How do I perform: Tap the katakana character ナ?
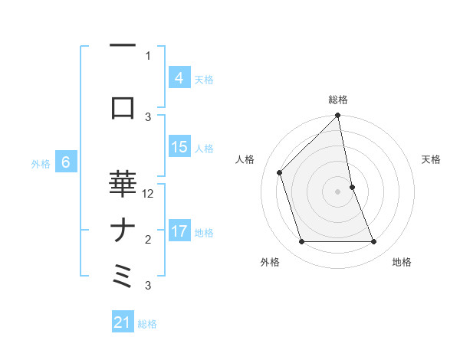tap(123, 231)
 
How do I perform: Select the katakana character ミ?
tap(123, 275)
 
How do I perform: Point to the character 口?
tap(123, 108)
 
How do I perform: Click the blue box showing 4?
tap(179, 78)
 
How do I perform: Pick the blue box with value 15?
tap(179, 147)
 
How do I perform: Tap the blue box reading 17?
tap(179, 231)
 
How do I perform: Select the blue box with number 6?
tap(66, 162)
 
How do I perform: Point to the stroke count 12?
tap(149, 194)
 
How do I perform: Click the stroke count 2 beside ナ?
tap(149, 240)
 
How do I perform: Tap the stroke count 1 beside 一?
tap(148, 55)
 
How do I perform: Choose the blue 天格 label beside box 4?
tap(204, 79)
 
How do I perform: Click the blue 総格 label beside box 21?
tap(147, 323)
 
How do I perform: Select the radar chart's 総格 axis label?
tap(338, 100)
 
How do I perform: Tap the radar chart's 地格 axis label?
tap(402, 262)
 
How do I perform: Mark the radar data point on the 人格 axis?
tap(280, 172)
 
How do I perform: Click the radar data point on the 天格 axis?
tap(352, 186)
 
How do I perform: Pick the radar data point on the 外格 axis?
tap(302, 242)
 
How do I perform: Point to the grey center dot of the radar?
tap(337, 191)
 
